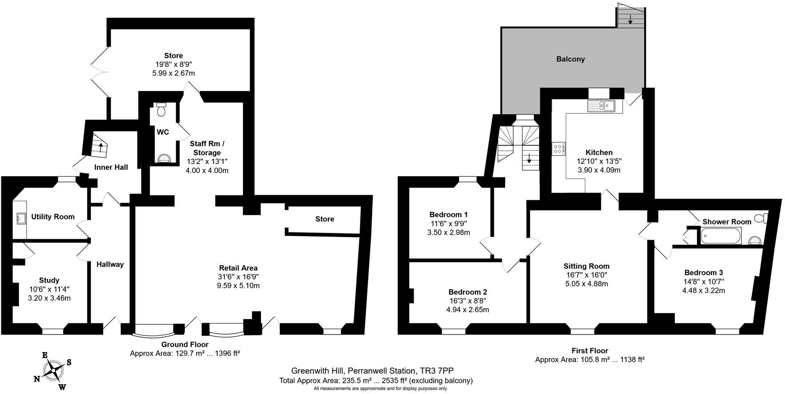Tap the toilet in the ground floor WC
point(161,109)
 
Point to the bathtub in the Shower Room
point(721,236)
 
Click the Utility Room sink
point(20,217)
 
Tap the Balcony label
point(571,59)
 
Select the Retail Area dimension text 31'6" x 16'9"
point(238,276)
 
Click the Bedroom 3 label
point(703,272)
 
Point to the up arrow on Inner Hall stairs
point(101,147)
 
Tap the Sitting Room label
point(586,266)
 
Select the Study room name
point(49,280)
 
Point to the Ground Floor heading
point(185,344)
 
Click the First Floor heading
point(590,351)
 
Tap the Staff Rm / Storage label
point(207,148)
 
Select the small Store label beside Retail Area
point(325,219)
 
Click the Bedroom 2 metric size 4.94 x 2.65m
point(468,309)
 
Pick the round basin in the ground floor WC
point(163,158)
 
